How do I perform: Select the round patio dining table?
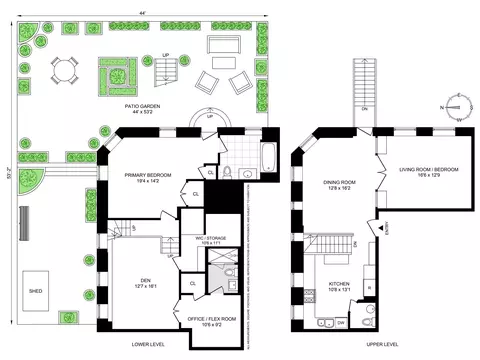(x=66, y=69)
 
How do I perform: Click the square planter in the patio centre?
(x=115, y=74)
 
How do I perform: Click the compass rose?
(x=456, y=103)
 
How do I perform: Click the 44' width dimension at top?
(x=145, y=9)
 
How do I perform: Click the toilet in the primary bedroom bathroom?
(x=229, y=172)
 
